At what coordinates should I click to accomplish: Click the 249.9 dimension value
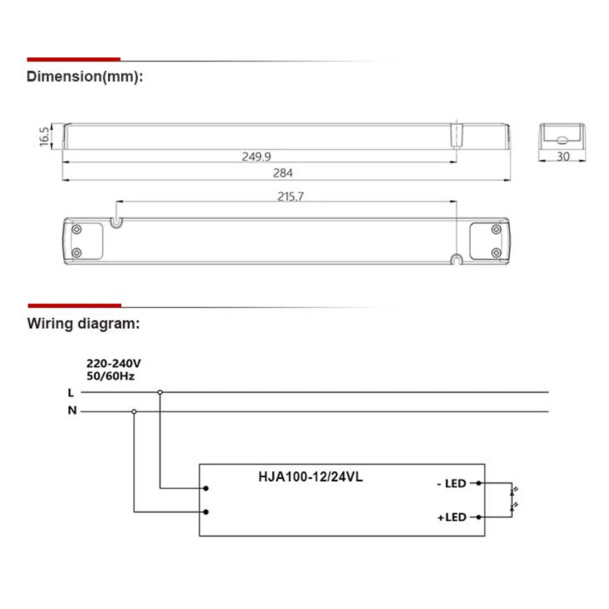(256, 157)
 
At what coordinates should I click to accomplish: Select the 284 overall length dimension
(283, 173)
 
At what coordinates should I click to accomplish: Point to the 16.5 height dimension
(44, 136)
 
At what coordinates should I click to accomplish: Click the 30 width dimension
(563, 157)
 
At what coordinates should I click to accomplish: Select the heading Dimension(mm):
(85, 77)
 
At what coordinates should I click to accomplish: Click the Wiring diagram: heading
(83, 323)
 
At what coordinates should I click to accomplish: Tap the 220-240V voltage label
(113, 364)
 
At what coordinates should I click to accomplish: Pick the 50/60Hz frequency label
(110, 376)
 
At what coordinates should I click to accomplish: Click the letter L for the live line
(71, 393)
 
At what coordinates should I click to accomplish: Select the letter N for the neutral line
(72, 410)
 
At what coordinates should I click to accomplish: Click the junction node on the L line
(160, 393)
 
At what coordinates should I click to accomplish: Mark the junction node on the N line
(134, 411)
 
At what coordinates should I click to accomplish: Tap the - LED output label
(451, 484)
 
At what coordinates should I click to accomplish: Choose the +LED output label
(451, 517)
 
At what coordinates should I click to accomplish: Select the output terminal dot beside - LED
(479, 484)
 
